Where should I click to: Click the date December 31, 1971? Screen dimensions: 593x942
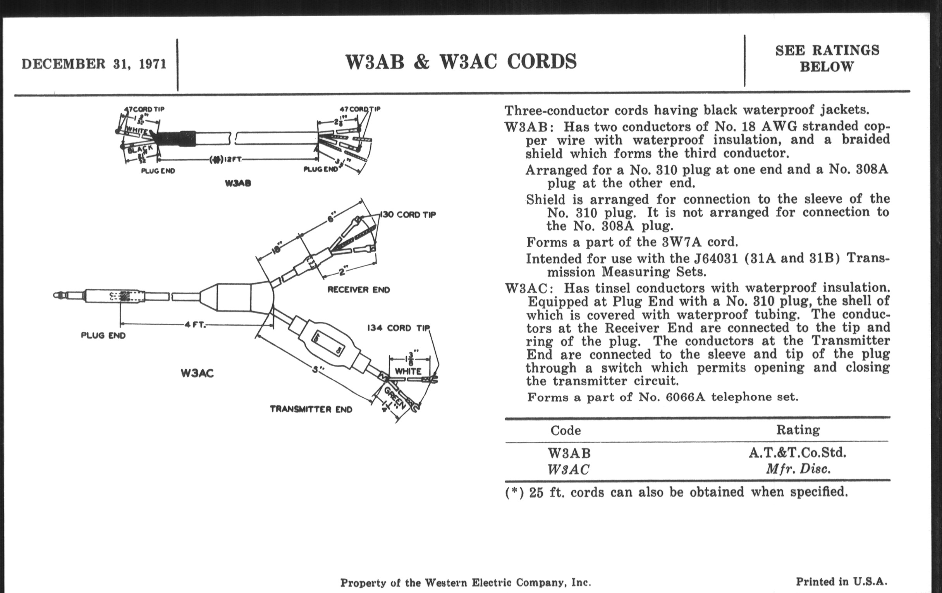coord(94,64)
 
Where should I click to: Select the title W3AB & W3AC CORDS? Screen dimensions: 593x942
coord(461,62)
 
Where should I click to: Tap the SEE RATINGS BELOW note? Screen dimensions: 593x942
coord(827,58)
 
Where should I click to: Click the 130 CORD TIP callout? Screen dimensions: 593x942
coord(408,214)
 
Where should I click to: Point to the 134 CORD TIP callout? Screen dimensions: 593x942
coord(398,328)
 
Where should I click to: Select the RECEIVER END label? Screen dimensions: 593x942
coord(358,290)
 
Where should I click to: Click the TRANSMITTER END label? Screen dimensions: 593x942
coord(311,409)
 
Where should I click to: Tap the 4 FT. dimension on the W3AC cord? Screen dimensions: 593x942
coord(195,324)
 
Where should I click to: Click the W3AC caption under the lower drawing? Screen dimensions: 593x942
coord(197,373)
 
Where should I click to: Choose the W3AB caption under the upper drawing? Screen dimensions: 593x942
coord(238,183)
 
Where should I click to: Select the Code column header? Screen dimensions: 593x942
coord(565,431)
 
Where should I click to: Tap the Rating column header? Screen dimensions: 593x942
coord(798,430)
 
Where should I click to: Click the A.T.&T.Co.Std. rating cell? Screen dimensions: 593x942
coord(797,453)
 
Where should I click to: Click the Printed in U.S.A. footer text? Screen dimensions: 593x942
coord(841,582)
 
